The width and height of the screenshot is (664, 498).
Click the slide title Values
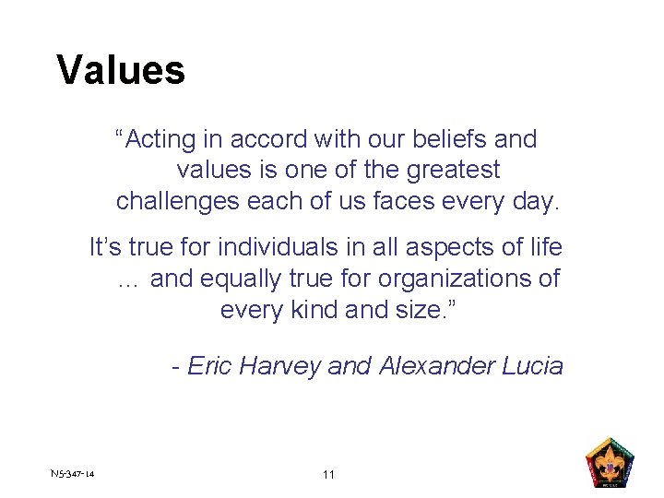point(121,70)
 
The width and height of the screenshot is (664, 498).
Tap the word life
point(545,247)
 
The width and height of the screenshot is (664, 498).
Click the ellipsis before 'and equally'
point(128,279)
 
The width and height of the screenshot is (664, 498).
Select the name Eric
point(210,366)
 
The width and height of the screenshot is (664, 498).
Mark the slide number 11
point(329,475)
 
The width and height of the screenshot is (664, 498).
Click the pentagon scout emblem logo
point(611,463)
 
